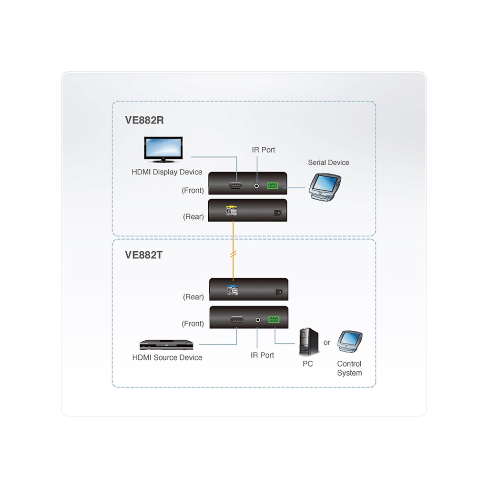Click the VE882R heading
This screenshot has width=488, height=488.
[144, 120]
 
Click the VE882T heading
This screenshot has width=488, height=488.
[144, 255]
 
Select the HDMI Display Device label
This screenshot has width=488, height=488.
[167, 172]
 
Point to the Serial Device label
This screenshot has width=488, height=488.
[328, 163]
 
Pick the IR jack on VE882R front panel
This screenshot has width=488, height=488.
[258, 185]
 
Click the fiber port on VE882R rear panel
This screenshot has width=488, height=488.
[232, 210]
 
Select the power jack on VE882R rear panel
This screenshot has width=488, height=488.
[278, 213]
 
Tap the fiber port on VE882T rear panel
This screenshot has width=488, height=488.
[232, 288]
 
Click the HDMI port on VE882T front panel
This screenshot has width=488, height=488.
[237, 320]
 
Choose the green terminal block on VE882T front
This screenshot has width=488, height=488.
[274, 320]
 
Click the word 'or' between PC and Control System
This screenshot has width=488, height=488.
[327, 342]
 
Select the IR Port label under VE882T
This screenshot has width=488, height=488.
[263, 355]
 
